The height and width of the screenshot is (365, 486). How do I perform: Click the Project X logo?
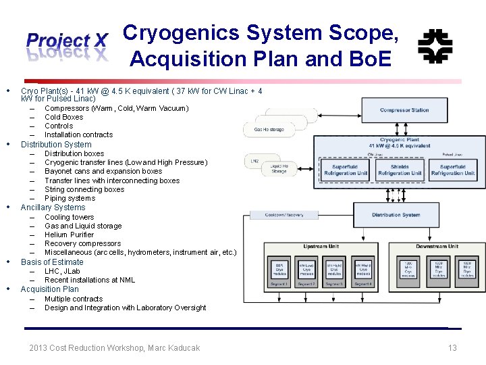(67, 45)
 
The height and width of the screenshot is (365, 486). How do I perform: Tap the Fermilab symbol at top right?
(435, 46)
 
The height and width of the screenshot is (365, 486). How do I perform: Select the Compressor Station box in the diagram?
(404, 110)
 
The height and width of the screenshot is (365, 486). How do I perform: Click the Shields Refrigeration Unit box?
(400, 170)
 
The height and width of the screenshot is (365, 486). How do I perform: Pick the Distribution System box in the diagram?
(396, 215)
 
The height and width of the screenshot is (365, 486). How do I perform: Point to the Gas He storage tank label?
(269, 129)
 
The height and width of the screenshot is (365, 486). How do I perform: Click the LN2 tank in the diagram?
(254, 162)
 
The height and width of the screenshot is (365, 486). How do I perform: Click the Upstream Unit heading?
(321, 247)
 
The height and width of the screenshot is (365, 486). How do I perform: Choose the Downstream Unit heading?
(436, 247)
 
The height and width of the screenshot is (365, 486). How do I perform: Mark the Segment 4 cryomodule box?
(362, 272)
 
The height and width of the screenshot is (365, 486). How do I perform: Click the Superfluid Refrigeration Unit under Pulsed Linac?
(452, 170)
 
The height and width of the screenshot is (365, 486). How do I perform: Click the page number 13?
(452, 348)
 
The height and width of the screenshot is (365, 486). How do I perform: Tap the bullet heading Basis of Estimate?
(52, 262)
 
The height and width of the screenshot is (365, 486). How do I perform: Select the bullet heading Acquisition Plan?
(49, 289)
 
